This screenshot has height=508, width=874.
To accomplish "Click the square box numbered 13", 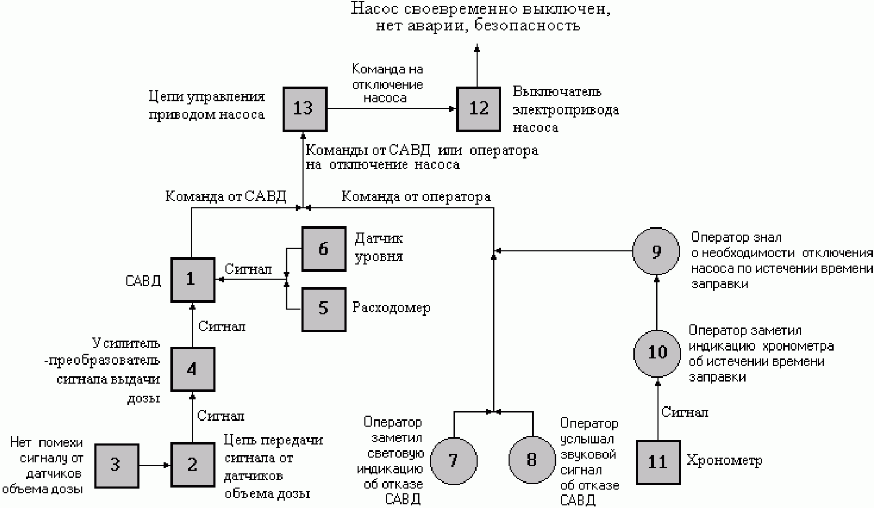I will [x=304, y=109].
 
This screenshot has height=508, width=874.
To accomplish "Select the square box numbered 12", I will [x=478, y=109].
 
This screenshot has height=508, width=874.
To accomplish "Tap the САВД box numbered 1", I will [x=192, y=280].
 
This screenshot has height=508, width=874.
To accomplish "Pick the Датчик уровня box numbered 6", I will [x=323, y=249].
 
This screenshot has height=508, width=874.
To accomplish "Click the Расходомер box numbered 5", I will [x=323, y=309].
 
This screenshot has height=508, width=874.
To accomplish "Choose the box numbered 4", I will [x=192, y=369].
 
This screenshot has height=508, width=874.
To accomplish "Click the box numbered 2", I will [x=192, y=465].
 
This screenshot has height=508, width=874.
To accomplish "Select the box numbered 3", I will [x=116, y=465].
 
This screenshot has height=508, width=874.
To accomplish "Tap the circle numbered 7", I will [x=454, y=461].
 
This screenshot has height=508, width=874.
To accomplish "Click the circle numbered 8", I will [x=532, y=461].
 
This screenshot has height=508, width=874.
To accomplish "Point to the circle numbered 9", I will [x=656, y=252].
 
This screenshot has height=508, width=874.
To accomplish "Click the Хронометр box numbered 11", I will [x=657, y=462].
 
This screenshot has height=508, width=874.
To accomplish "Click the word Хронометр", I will [x=724, y=461].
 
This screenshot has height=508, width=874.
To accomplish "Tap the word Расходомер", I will [x=391, y=308].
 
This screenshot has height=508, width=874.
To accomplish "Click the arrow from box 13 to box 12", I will [x=391, y=109].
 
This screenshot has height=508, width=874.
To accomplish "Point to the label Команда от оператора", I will [x=416, y=197].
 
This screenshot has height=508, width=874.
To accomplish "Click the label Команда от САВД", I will [x=225, y=197].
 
